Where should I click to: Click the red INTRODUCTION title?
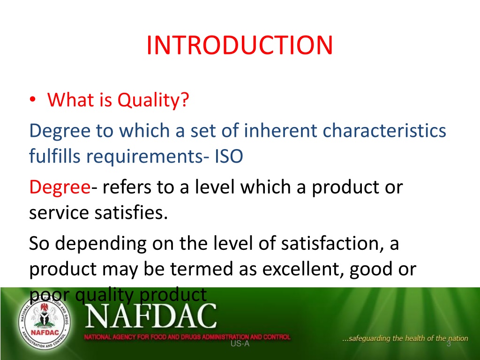(240, 45)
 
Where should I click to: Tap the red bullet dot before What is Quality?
(33, 99)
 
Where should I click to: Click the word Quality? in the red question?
(153, 100)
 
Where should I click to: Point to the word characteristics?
(384, 130)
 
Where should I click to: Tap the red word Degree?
(60, 187)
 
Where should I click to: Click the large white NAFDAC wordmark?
(150, 315)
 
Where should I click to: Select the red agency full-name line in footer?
(187, 337)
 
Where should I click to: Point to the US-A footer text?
(240, 344)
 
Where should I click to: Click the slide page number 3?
(449, 344)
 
